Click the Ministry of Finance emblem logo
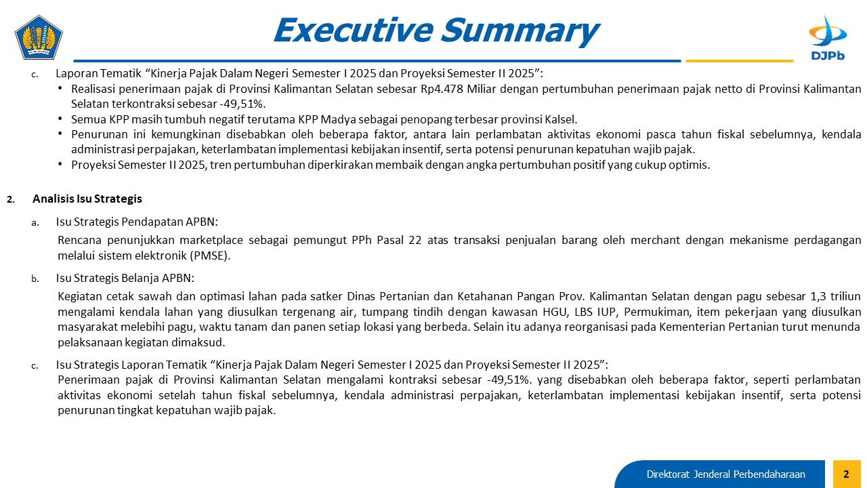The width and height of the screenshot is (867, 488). [x=39, y=37]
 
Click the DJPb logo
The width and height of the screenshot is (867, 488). [x=828, y=38]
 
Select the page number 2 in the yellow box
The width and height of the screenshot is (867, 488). [x=846, y=474]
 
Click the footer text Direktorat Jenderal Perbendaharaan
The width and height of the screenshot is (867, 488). [x=725, y=474]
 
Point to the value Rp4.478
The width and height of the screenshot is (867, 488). [x=442, y=89]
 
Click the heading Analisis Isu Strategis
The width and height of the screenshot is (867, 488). [x=87, y=199]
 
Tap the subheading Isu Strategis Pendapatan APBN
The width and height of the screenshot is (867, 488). [x=137, y=222]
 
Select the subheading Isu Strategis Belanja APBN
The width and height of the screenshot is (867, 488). [x=125, y=278]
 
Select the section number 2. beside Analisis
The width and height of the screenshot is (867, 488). [x=10, y=199]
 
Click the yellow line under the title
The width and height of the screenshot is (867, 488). [x=739, y=61]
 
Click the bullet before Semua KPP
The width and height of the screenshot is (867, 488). [x=60, y=119]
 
